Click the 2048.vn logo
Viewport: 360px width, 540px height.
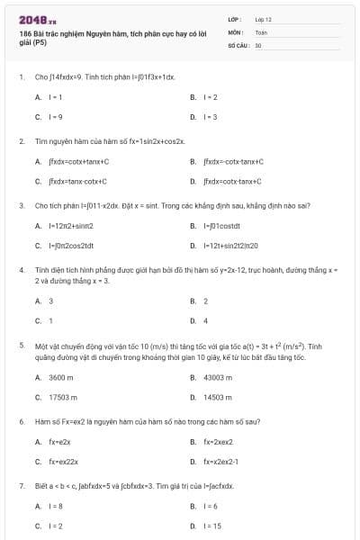(x=38, y=18)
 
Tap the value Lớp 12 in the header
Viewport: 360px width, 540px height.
(x=264, y=18)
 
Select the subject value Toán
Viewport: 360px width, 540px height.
(x=261, y=31)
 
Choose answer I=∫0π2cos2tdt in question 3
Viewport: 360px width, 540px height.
(x=71, y=245)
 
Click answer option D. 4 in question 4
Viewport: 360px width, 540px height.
(x=205, y=320)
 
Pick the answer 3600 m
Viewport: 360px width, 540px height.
(x=60, y=377)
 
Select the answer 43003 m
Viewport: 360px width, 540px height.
(x=219, y=377)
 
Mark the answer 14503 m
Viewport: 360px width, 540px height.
(x=219, y=397)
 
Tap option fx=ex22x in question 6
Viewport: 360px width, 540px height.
(x=64, y=462)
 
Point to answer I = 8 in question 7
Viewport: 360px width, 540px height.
(x=56, y=507)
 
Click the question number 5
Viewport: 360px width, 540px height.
(x=21, y=346)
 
